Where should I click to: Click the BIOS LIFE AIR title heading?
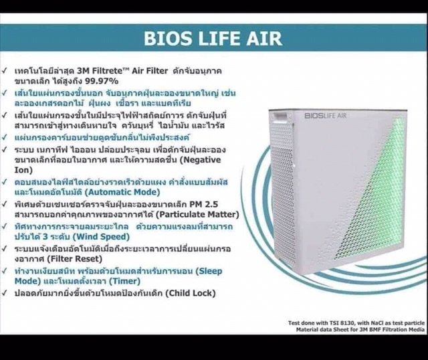pyautogui.click(x=213, y=37)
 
